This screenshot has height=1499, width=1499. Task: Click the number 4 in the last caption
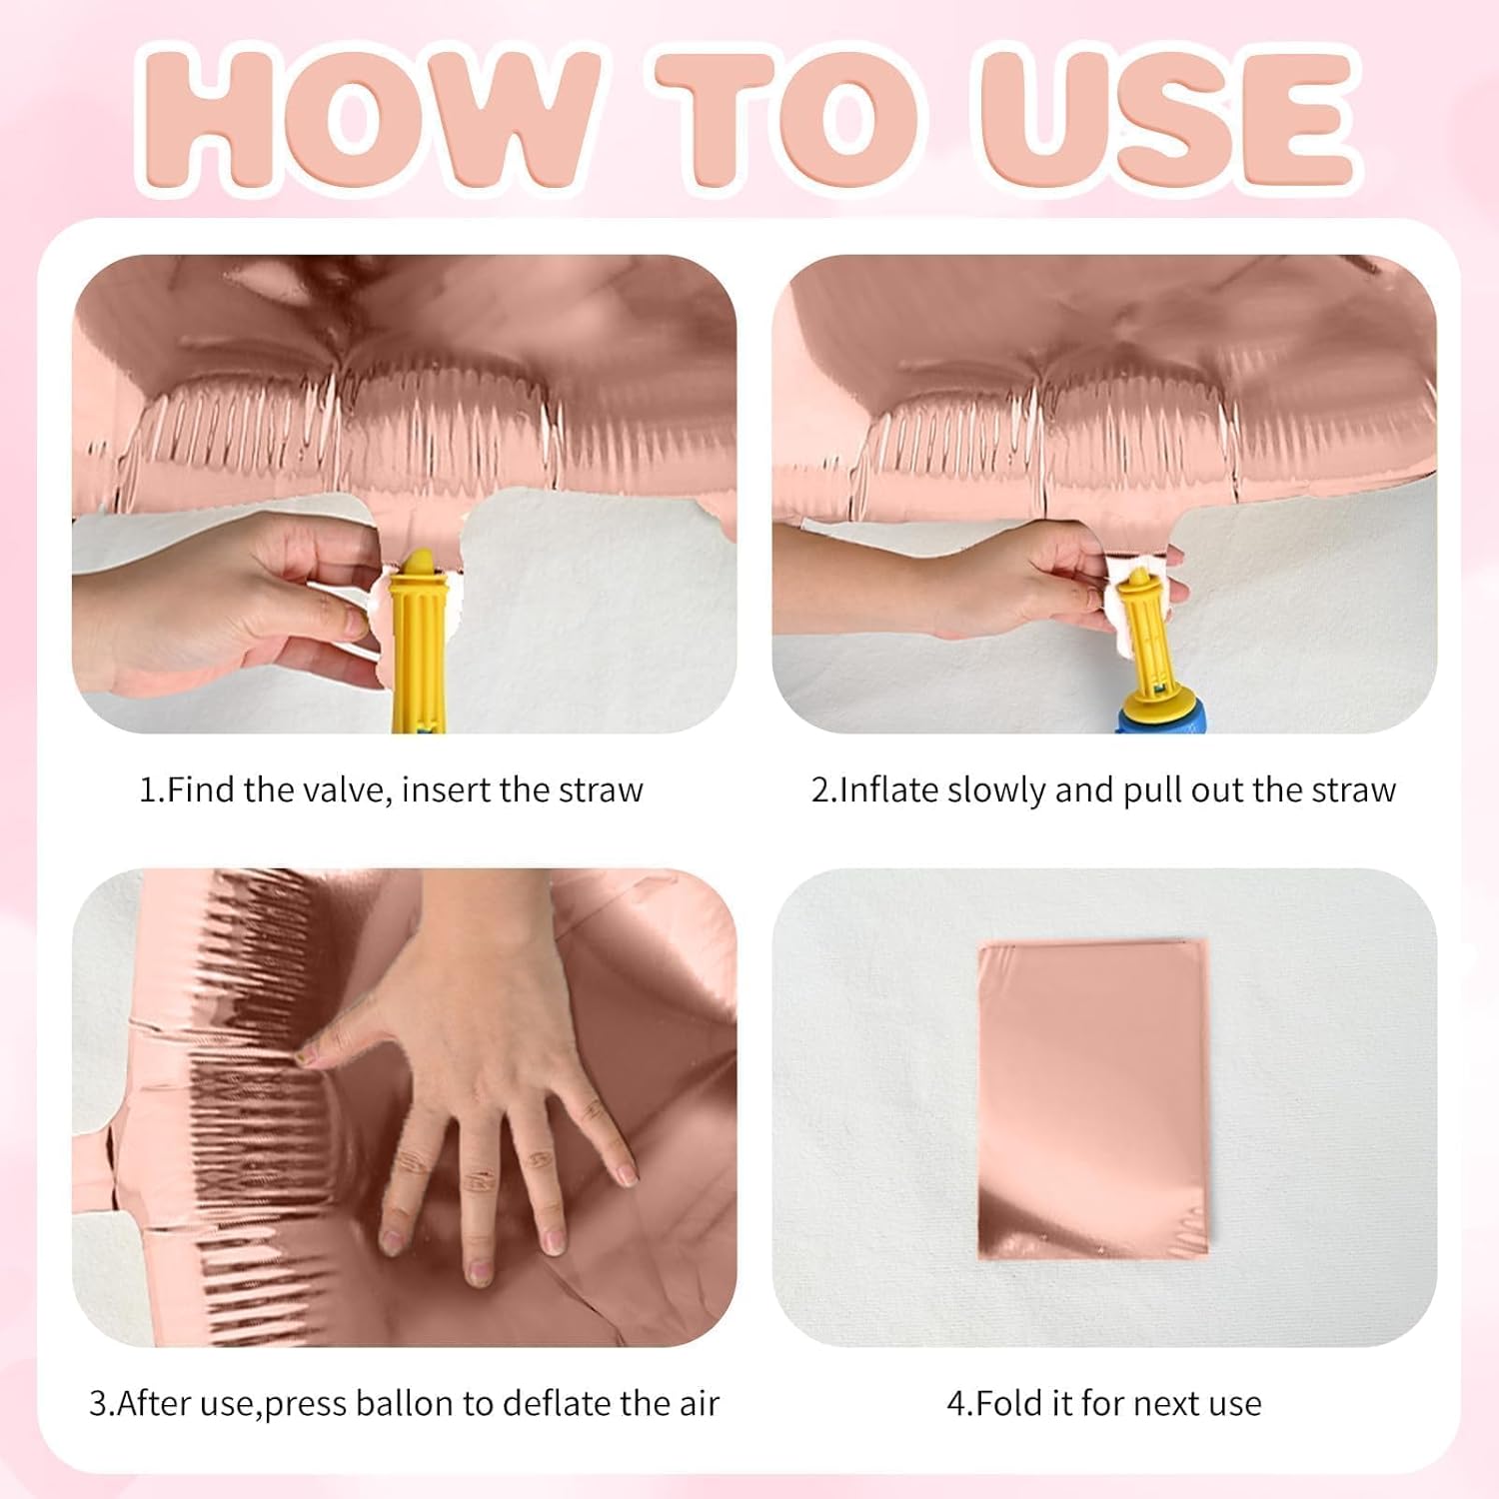(956, 1404)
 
